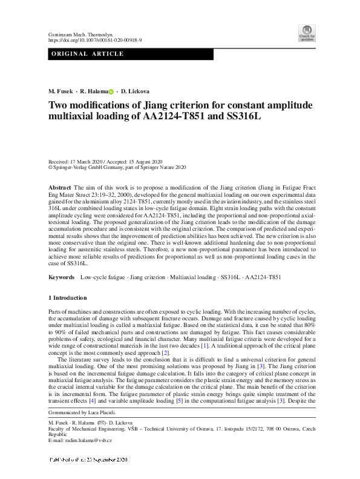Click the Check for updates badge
(x=307, y=33)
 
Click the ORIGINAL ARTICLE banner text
(x=88, y=54)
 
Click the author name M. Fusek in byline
(x=61, y=91)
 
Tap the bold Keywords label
(x=61, y=277)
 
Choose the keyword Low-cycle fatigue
(x=101, y=277)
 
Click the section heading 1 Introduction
(x=67, y=298)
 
